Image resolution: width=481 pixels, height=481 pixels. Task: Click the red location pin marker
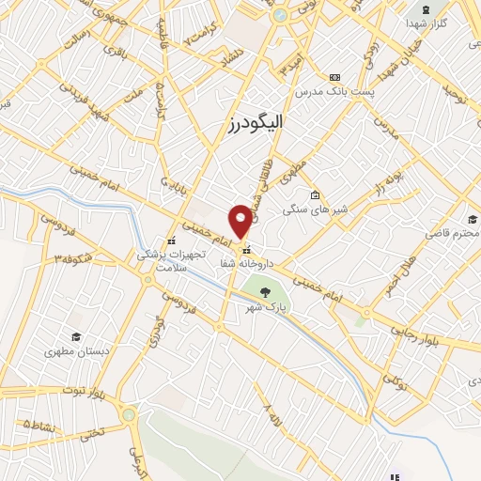[241, 221]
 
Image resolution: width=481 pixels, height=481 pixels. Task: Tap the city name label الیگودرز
[255, 121]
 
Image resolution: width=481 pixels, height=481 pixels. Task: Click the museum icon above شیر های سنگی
[317, 195]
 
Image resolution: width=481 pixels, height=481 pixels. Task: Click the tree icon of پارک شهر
[267, 292]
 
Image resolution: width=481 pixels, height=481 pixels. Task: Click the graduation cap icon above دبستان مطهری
[76, 336]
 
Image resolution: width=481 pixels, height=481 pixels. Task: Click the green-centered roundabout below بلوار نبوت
[129, 414]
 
